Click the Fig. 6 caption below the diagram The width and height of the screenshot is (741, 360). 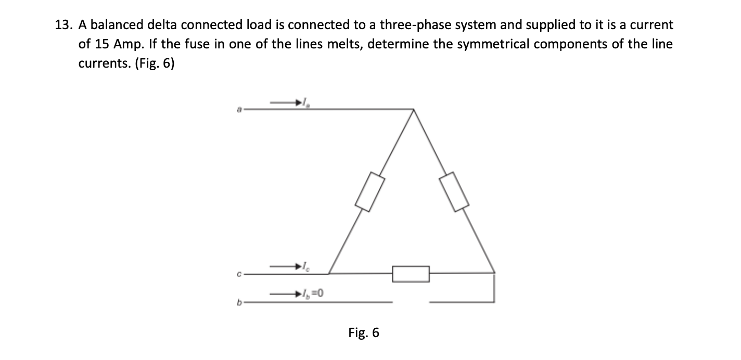364,333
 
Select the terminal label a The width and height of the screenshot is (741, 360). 240,110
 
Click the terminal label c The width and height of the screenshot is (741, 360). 240,274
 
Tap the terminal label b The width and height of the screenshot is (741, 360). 240,302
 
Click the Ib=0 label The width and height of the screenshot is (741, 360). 314,295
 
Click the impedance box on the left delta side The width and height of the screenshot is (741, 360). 370,192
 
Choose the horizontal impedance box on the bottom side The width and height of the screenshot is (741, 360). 411,274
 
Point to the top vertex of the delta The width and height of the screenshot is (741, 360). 413,110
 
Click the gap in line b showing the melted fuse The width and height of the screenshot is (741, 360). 411,302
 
